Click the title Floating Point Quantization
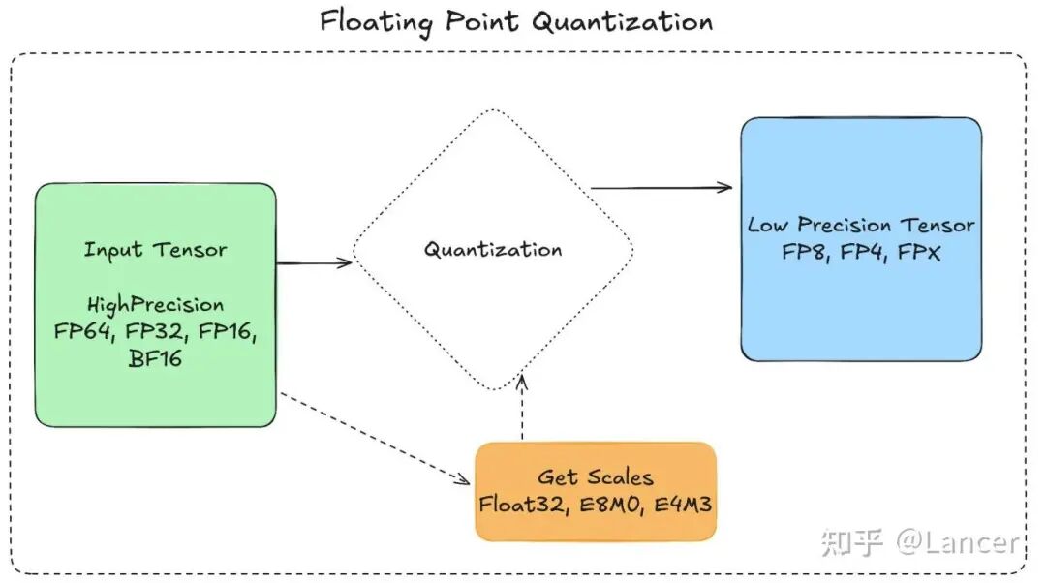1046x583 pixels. click(516, 21)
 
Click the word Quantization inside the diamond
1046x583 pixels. click(492, 249)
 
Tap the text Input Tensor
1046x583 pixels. click(155, 249)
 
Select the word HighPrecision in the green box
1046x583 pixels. click(155, 305)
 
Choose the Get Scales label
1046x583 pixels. click(595, 476)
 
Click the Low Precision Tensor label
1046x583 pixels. click(860, 225)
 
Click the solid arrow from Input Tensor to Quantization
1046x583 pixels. click(314, 262)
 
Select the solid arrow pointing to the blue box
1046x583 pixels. click(661, 187)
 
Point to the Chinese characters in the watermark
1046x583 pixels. click(851, 542)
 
